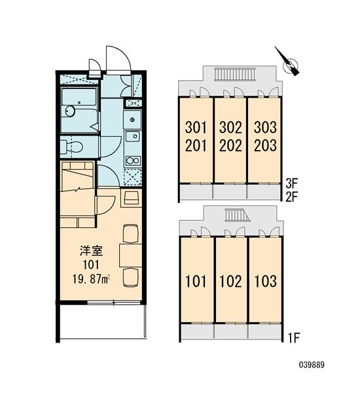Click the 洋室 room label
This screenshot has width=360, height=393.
[x=91, y=251]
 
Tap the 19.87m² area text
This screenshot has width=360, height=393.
[x=92, y=279]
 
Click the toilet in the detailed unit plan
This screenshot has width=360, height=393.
[x=71, y=146]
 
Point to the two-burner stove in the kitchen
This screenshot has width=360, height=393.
[x=133, y=160]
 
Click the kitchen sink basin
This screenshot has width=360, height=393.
[x=133, y=136]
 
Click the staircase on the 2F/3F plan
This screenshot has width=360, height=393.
[x=235, y=75]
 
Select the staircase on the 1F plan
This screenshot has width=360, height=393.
[x=236, y=215]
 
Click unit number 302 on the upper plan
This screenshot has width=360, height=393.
[x=230, y=127]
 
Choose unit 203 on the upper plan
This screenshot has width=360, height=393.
[x=265, y=145]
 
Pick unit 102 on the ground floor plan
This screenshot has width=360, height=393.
[x=230, y=281]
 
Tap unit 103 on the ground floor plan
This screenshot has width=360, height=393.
[x=266, y=281]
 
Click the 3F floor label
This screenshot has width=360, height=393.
[x=292, y=183]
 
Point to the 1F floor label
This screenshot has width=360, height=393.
[x=293, y=338]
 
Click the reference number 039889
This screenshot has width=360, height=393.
[x=312, y=365]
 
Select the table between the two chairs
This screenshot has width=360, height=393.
[x=131, y=255]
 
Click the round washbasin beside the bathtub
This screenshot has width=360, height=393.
[x=69, y=111]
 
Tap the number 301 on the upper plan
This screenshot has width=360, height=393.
[x=196, y=127]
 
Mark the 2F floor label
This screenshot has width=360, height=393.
[x=292, y=197]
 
